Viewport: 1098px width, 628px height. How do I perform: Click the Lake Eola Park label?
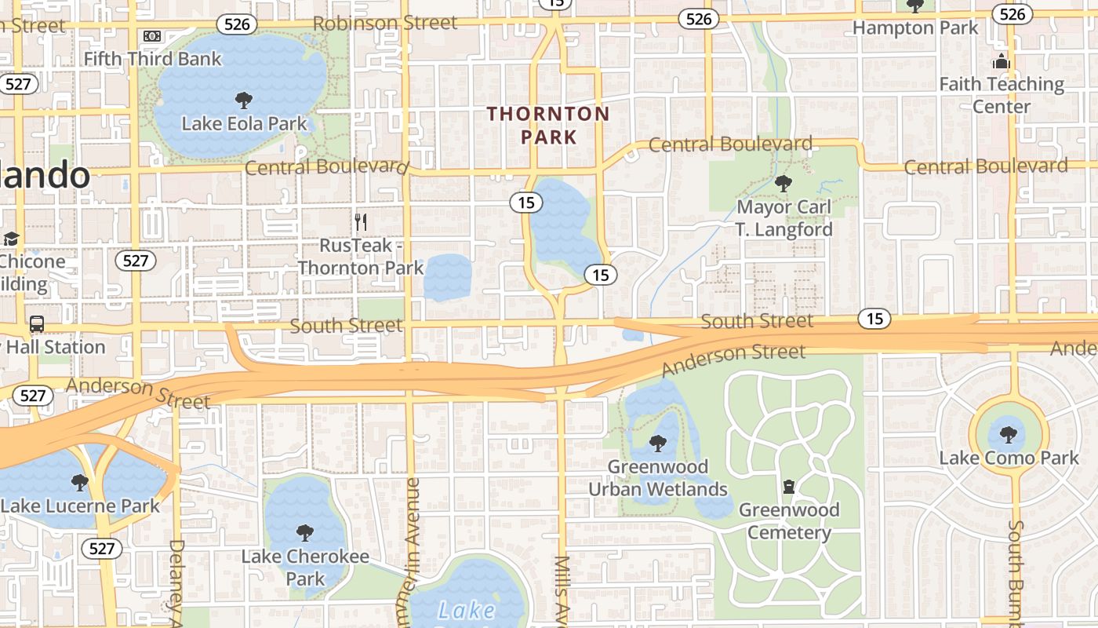[x=244, y=123]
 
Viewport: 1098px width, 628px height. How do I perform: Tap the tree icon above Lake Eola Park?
[x=244, y=100]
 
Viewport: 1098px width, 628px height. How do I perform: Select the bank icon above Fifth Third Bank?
[x=152, y=36]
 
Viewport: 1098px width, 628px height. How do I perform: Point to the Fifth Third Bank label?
[x=152, y=59]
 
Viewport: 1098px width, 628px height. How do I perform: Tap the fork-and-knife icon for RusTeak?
[x=361, y=221]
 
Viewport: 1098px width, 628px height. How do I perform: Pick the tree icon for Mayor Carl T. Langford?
[x=783, y=184]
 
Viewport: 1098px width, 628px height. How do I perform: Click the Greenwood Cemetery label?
[x=789, y=521]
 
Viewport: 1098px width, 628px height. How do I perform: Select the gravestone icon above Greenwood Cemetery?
[x=789, y=487]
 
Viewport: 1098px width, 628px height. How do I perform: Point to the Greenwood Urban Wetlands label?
[x=658, y=478]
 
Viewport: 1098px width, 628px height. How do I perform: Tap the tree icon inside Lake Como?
[x=1009, y=434]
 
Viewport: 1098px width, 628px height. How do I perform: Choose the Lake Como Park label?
[x=1009, y=458]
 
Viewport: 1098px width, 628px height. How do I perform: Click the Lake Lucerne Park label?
[x=80, y=505]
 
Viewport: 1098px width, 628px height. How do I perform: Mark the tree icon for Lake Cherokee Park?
[x=305, y=534]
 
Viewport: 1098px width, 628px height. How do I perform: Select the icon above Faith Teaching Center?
[x=1001, y=61]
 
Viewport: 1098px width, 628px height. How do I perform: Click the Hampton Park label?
[x=915, y=28]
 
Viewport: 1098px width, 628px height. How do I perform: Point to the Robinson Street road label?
[x=384, y=23]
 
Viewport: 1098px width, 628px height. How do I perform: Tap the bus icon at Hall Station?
[x=36, y=323]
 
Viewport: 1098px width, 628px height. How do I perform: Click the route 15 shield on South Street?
[x=874, y=319]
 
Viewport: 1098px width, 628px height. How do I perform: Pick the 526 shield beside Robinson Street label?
[x=237, y=24]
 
